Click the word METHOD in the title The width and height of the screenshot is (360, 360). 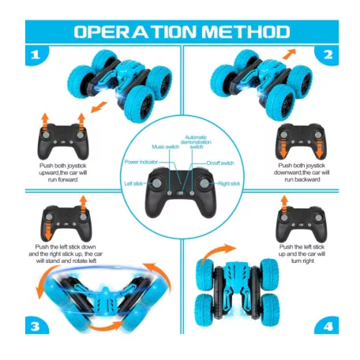(x=246, y=32)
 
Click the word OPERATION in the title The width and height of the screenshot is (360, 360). (x=135, y=32)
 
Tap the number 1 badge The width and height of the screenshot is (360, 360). (x=36, y=55)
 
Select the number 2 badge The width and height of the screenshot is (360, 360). (x=327, y=55)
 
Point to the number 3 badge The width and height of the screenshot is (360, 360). (x=36, y=326)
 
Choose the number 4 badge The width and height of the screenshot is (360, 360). (x=327, y=326)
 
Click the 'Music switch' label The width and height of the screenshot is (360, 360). (x=165, y=147)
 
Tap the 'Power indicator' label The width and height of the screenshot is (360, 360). (x=141, y=162)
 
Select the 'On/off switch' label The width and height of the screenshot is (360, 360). (x=220, y=163)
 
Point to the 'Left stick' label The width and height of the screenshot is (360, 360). (x=133, y=183)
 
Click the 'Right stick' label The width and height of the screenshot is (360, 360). (x=229, y=184)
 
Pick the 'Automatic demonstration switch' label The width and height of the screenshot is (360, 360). (x=196, y=142)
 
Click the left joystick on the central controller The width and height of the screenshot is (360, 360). (x=157, y=183)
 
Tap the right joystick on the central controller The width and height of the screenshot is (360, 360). (x=204, y=183)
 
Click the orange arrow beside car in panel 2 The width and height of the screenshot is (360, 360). (x=289, y=54)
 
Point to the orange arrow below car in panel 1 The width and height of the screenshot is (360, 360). (x=99, y=107)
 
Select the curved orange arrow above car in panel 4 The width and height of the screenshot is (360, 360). (x=217, y=252)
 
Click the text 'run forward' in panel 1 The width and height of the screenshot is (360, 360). (x=62, y=180)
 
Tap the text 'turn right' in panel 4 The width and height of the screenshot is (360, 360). (x=302, y=261)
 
